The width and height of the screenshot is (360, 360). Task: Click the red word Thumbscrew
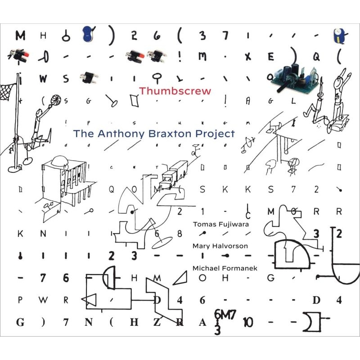coord(175,90)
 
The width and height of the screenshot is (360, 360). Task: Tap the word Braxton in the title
coord(168,134)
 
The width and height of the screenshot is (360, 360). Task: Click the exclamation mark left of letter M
coord(179,58)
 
